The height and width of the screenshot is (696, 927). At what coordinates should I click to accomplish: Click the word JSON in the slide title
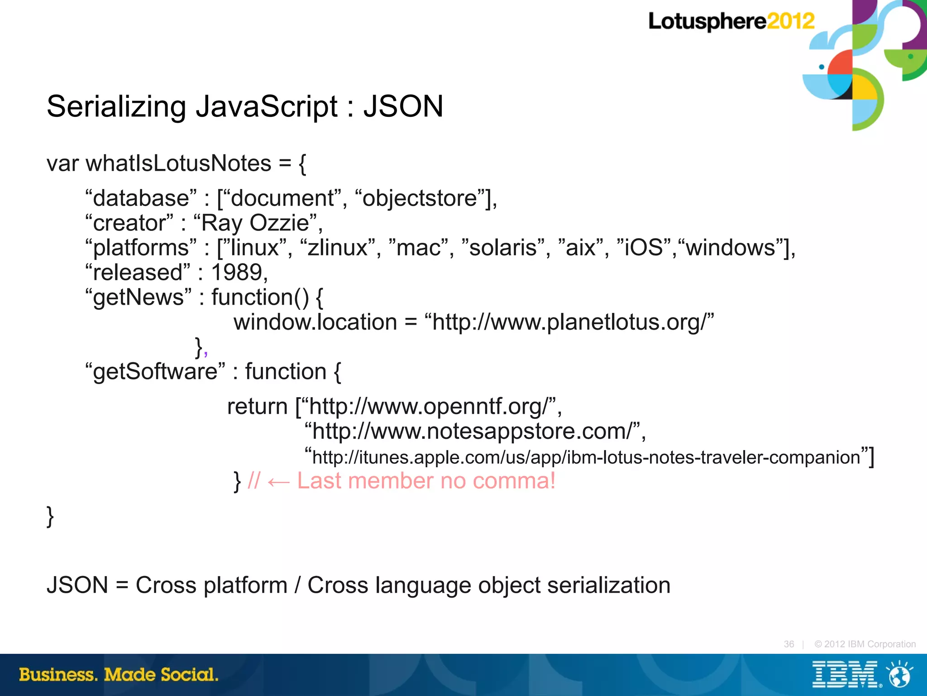403,107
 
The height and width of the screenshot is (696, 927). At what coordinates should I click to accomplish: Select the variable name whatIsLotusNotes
178,163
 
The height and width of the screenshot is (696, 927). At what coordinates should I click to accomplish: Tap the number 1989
237,273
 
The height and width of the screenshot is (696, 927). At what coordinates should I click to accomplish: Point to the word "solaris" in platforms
502,248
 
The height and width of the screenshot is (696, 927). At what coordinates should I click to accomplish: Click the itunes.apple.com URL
586,457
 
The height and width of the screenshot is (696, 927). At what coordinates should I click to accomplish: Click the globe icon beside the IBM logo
899,675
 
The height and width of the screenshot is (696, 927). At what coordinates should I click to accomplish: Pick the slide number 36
788,644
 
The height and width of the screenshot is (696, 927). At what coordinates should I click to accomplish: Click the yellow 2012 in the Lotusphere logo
790,21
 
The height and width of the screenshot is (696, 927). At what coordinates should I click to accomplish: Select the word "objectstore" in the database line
420,198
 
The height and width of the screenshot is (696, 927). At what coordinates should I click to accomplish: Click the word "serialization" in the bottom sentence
608,585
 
